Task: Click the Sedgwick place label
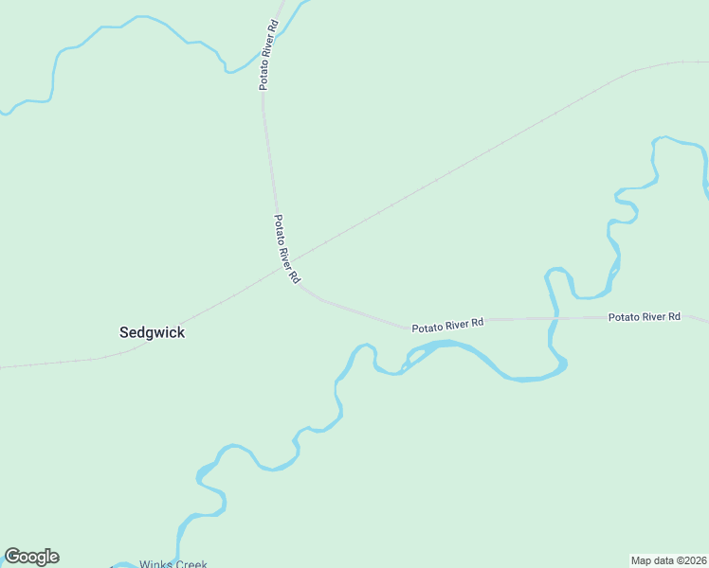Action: [x=152, y=332]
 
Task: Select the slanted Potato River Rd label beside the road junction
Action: [x=286, y=249]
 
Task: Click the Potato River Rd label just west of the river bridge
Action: [x=447, y=325]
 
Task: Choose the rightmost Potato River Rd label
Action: [x=645, y=316]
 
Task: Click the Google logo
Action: [x=31, y=557]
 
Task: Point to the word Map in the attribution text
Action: [x=643, y=559]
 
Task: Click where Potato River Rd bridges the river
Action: [x=554, y=319]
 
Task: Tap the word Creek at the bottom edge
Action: [x=191, y=565]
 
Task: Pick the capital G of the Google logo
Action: [x=12, y=557]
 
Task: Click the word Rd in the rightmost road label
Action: [x=674, y=316]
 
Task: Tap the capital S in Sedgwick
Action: [x=124, y=332]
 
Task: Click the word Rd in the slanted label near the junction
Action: [x=295, y=277]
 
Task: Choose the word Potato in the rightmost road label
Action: [x=622, y=317]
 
